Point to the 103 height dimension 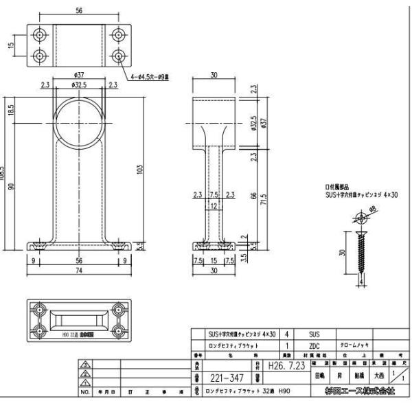140,168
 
